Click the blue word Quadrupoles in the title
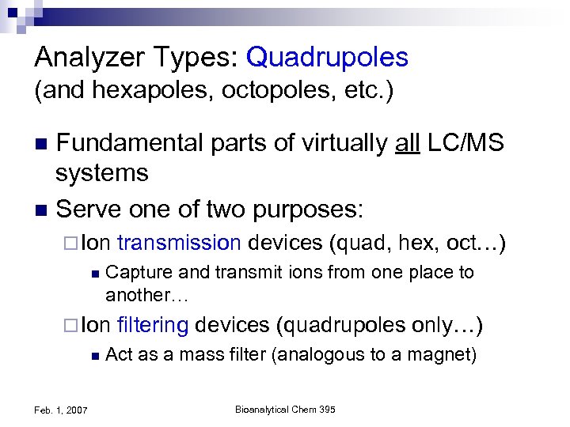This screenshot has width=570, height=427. tap(327, 57)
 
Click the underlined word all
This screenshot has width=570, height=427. tap(408, 143)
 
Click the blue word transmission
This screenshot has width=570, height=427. tap(178, 244)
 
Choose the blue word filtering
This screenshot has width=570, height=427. tap(152, 325)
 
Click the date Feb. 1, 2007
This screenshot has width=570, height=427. tap(61, 409)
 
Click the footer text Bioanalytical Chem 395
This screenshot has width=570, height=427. tap(286, 409)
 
